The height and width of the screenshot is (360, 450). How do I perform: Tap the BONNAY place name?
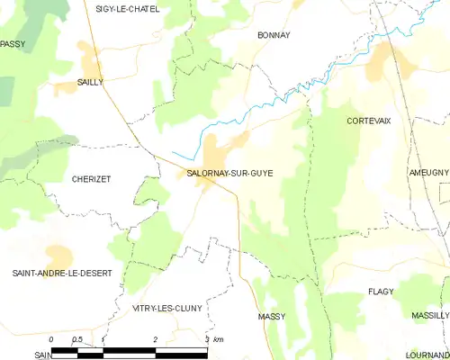click(x=273, y=35)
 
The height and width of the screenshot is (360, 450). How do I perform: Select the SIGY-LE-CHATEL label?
click(x=128, y=9)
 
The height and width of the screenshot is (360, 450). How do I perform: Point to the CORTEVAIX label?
click(x=369, y=120)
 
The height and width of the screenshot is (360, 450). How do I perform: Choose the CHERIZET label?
click(x=91, y=179)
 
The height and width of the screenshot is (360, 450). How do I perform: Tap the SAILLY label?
click(x=90, y=82)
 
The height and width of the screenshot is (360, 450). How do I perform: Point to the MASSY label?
click(x=271, y=317)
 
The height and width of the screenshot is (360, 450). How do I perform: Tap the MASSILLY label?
click(x=430, y=316)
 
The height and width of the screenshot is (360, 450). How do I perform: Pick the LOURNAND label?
click(x=426, y=355)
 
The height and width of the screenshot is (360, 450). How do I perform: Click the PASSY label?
click(x=13, y=43)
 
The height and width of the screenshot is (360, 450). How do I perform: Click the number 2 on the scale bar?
click(x=156, y=339)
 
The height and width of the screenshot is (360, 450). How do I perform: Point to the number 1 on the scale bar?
click(x=103, y=339)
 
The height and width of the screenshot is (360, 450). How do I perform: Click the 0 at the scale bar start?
click(x=51, y=339)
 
